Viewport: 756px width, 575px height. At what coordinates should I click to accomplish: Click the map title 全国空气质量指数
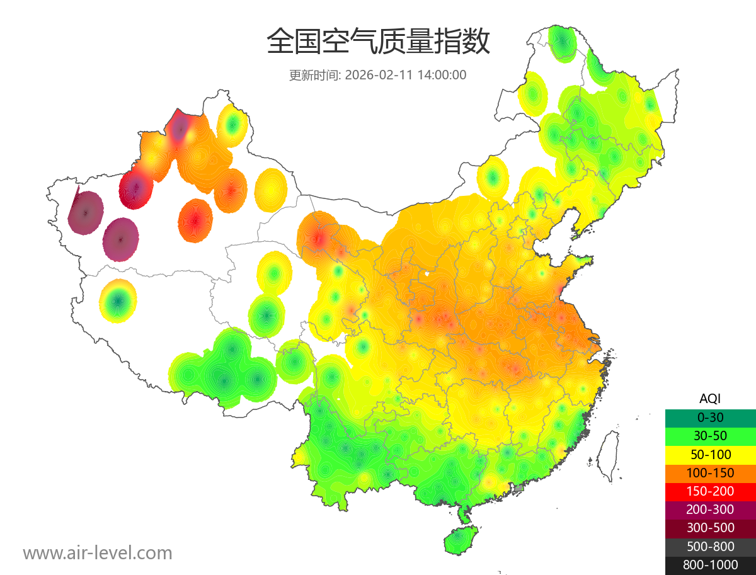point(378,42)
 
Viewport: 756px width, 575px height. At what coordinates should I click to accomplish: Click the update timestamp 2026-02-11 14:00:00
point(406,75)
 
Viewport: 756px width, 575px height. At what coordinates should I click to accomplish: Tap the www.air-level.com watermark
point(98,554)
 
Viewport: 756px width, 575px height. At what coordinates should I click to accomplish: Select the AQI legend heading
point(710,399)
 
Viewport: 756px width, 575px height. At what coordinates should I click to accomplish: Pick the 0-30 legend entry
point(710,417)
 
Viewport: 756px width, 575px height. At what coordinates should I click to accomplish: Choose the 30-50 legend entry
point(710,436)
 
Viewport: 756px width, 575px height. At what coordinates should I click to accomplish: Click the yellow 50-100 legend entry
point(710,454)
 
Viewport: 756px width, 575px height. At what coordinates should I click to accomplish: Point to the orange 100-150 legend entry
point(710,472)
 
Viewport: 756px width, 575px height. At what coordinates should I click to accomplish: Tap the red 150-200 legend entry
point(710,491)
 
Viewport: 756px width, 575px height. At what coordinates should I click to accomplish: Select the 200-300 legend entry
point(710,510)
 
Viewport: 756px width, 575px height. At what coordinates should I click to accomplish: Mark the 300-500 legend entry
point(710,528)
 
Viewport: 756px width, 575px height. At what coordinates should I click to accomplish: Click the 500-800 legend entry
point(710,547)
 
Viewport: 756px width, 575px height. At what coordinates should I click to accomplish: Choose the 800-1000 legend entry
point(710,565)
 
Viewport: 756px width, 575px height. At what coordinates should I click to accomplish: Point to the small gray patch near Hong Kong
point(519,488)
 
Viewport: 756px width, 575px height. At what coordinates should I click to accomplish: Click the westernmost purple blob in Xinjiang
point(86,213)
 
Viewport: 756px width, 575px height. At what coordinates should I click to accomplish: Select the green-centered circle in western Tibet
point(118,302)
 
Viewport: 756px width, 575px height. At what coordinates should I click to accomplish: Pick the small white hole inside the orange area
point(428,274)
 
